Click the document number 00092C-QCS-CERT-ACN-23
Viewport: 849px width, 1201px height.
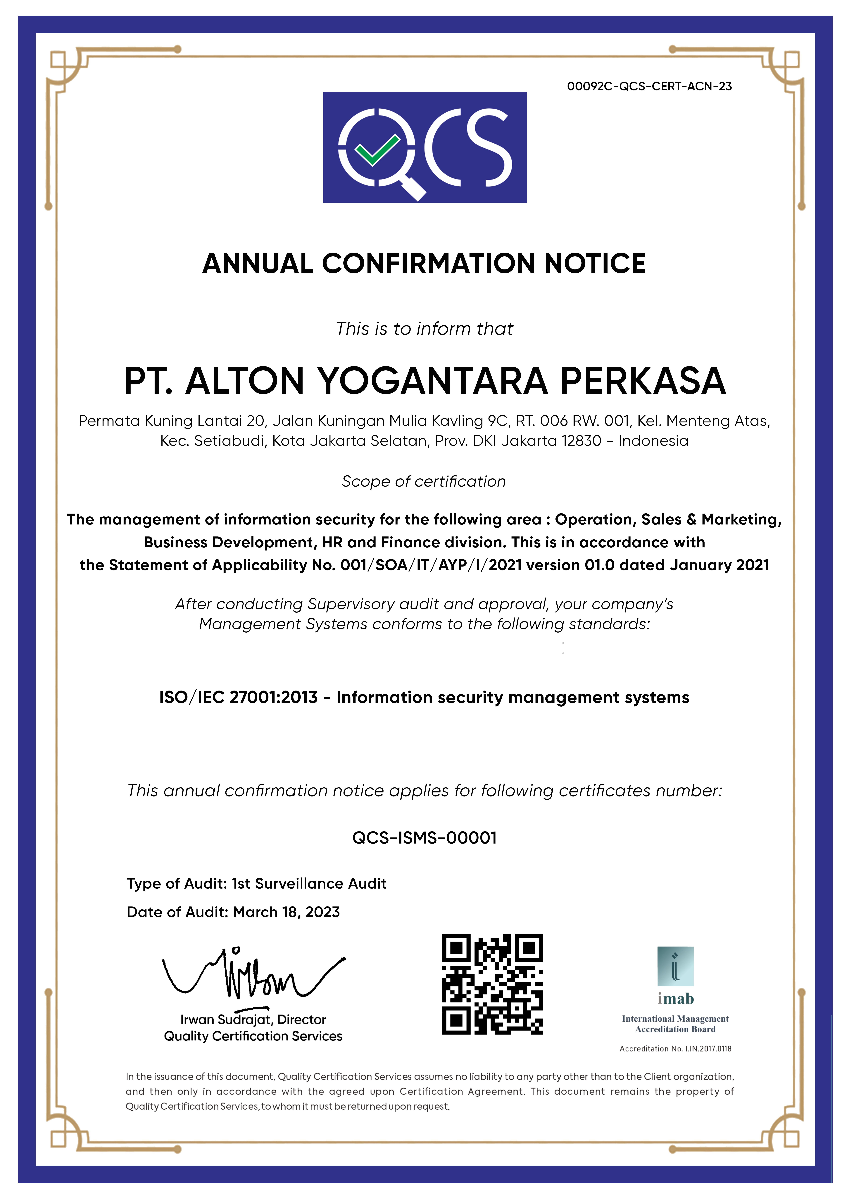(x=649, y=86)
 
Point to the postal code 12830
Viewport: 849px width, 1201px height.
(x=581, y=441)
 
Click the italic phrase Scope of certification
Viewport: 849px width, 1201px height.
(x=424, y=481)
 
